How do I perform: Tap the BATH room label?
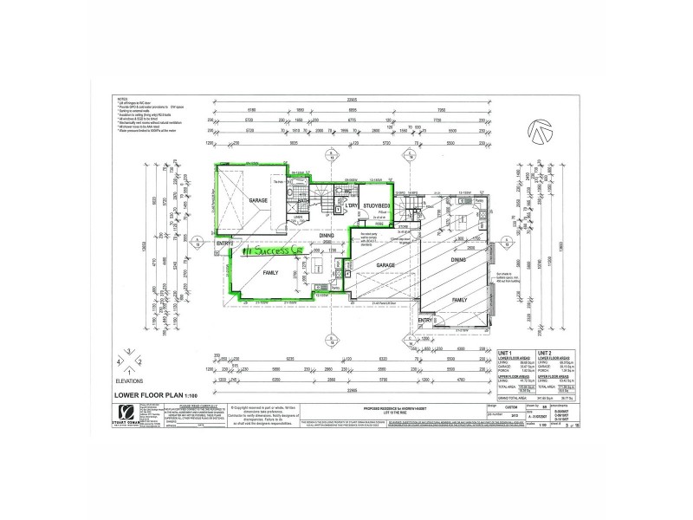304,202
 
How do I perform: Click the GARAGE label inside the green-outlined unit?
259,200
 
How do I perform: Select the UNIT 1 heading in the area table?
506,354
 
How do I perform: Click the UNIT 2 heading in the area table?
545,354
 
